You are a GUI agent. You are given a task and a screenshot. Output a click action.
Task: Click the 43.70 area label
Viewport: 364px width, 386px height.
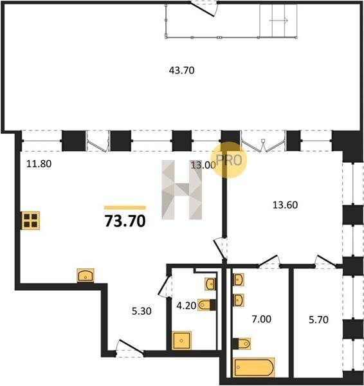(181, 71)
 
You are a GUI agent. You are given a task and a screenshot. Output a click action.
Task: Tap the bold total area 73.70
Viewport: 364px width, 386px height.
(125, 221)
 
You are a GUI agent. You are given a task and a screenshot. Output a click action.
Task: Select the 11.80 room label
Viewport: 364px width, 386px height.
(39, 163)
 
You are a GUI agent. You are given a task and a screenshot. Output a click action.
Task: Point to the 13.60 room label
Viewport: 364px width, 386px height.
(286, 205)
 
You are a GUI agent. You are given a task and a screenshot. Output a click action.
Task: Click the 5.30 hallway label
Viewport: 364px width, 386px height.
(141, 311)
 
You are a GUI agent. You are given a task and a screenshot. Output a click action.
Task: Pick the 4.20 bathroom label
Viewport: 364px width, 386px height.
(187, 306)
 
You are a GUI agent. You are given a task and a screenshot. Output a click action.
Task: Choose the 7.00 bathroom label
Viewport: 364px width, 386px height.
(261, 319)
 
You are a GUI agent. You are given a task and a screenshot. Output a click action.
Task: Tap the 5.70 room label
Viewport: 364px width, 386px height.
(318, 320)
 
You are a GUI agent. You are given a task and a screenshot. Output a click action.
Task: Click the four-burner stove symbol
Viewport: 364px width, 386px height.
(30, 220)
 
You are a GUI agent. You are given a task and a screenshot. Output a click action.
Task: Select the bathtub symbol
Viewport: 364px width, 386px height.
(253, 367)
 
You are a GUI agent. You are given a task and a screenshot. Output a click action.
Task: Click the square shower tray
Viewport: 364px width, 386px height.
(181, 341)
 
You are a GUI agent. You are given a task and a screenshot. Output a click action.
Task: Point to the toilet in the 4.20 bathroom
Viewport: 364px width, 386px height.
(207, 305)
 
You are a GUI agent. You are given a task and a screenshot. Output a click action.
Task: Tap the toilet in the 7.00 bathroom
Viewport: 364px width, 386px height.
(242, 344)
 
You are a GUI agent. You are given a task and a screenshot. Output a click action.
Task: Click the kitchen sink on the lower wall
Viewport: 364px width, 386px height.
(86, 275)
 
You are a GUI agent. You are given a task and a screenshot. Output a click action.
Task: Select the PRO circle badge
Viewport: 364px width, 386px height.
(229, 160)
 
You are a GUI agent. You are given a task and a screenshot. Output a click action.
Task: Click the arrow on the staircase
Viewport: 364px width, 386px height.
(278, 21)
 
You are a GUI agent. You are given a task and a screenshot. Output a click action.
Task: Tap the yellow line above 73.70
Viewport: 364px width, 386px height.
(125, 208)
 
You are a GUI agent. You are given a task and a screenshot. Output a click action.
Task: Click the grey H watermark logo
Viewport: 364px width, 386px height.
(181, 190)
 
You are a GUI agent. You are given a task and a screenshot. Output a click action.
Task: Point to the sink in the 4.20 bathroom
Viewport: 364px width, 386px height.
(210, 284)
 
